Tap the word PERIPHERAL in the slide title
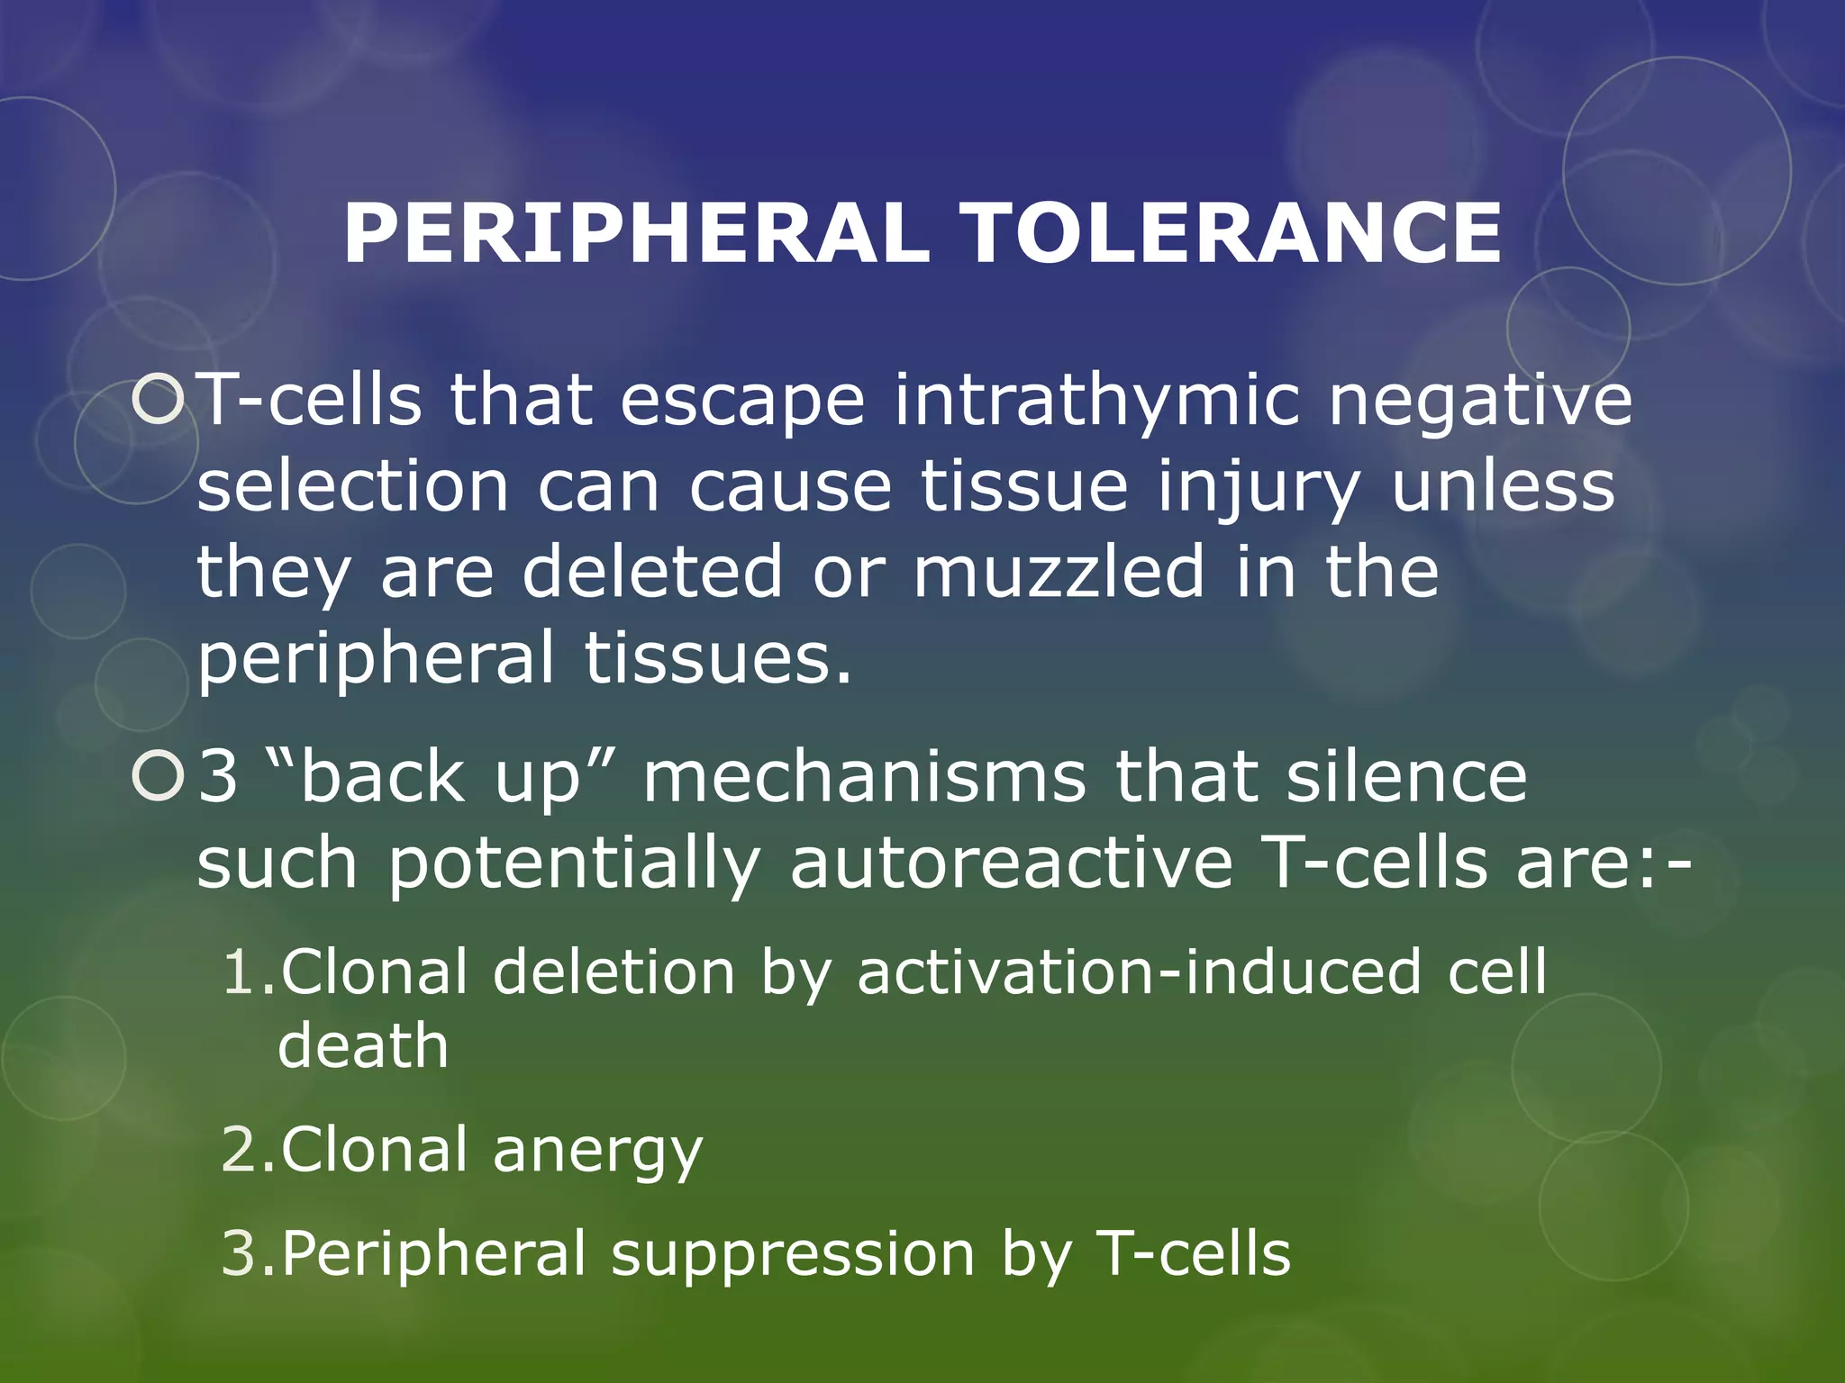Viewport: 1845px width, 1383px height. [636, 233]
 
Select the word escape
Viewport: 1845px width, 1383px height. [743, 401]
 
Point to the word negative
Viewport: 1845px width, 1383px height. [1480, 401]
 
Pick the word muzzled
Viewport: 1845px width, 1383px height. [1059, 572]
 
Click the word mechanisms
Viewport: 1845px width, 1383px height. [864, 777]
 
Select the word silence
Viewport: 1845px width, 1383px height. [1406, 777]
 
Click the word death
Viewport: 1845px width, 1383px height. [363, 1046]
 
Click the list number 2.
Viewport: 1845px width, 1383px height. [247, 1151]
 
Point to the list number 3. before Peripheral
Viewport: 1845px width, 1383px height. [247, 1254]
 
